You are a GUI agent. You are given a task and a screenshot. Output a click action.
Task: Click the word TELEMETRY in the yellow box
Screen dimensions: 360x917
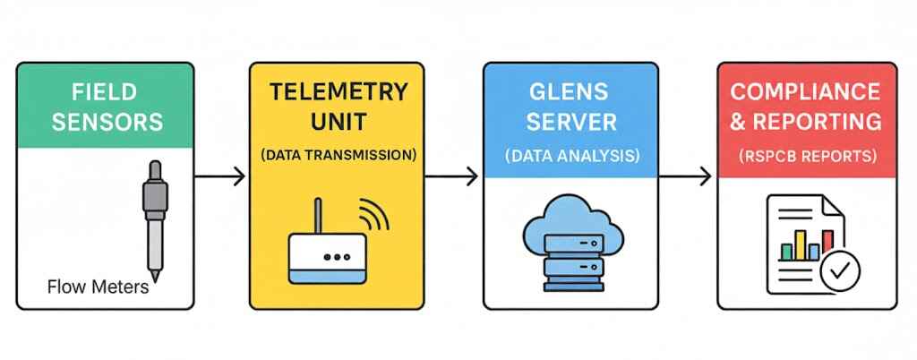(x=338, y=92)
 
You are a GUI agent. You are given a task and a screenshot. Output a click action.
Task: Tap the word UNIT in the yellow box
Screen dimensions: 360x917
(x=338, y=122)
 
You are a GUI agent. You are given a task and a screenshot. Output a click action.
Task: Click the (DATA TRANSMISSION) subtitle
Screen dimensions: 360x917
(x=338, y=155)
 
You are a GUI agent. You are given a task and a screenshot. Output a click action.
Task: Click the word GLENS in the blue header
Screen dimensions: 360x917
(x=570, y=92)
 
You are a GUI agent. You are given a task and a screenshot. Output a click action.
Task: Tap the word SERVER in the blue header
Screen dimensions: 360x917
(x=570, y=122)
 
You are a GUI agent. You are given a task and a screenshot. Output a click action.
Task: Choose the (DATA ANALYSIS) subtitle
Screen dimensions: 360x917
(x=570, y=155)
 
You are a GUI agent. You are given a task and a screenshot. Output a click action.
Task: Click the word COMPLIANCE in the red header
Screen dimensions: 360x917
(x=804, y=92)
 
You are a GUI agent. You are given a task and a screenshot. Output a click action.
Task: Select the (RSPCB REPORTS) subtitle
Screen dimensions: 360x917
(x=804, y=155)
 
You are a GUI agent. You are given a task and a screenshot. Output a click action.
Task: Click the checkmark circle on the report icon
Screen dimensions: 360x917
(x=840, y=269)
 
